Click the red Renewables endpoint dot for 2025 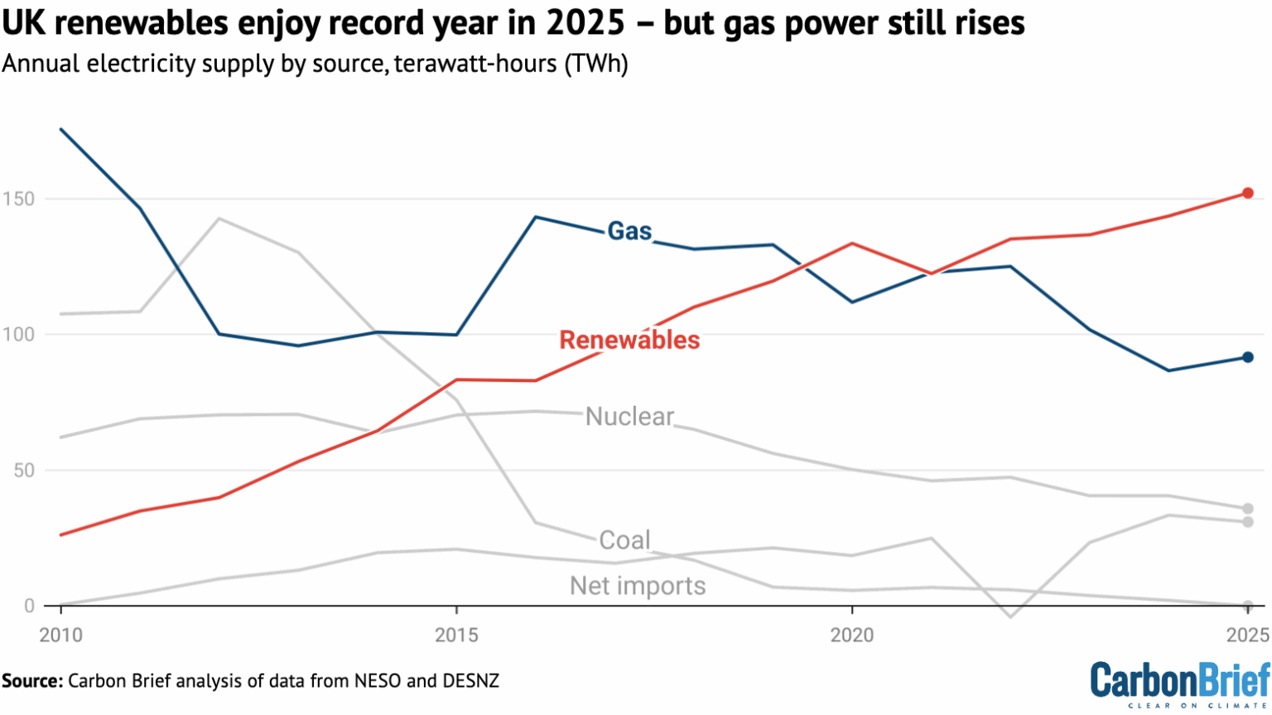pyautogui.click(x=1248, y=193)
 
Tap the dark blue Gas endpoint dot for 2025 pyautogui.click(x=1248, y=357)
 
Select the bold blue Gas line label pyautogui.click(x=629, y=231)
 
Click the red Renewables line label pyautogui.click(x=629, y=340)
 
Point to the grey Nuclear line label pyautogui.click(x=629, y=416)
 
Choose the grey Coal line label pyautogui.click(x=624, y=540)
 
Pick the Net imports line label pyautogui.click(x=638, y=586)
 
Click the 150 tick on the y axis pyautogui.click(x=18, y=199)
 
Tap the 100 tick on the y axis pyautogui.click(x=18, y=335)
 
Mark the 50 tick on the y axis pyautogui.click(x=22, y=471)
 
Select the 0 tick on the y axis pyautogui.click(x=28, y=606)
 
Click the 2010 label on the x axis pyautogui.click(x=61, y=635)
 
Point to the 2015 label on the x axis pyautogui.click(x=456, y=635)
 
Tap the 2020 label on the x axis pyautogui.click(x=852, y=635)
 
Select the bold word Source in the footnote pyautogui.click(x=31, y=681)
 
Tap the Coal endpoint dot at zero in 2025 pyautogui.click(x=1248, y=606)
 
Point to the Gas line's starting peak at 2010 pyautogui.click(x=61, y=129)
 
